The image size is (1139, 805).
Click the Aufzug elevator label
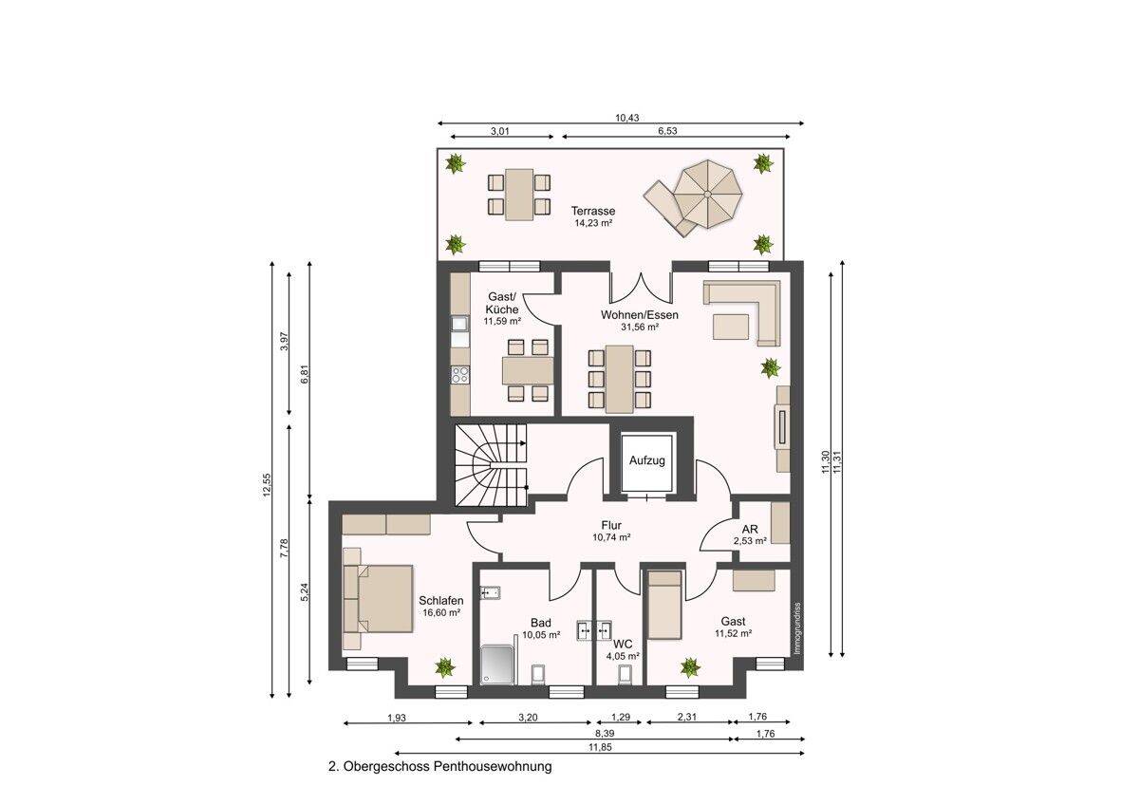click(646, 460)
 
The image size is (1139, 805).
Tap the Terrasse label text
click(593, 211)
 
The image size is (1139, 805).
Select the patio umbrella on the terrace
click(707, 195)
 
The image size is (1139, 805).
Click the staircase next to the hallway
click(492, 466)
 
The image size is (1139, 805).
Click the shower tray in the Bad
click(497, 665)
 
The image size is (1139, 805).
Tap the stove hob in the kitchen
click(460, 375)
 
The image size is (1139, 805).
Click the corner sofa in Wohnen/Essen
click(742, 311)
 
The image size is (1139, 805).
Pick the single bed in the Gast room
click(664, 605)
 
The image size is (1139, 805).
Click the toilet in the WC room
click(626, 674)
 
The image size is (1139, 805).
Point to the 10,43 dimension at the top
click(627, 118)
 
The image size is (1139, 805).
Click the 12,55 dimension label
click(268, 486)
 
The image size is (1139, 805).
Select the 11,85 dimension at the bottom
click(600, 747)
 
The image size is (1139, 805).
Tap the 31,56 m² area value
click(640, 327)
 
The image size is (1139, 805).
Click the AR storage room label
click(750, 530)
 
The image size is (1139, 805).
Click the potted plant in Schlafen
click(445, 667)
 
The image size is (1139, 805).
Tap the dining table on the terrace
click(519, 195)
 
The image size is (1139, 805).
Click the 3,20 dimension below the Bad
click(528, 718)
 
